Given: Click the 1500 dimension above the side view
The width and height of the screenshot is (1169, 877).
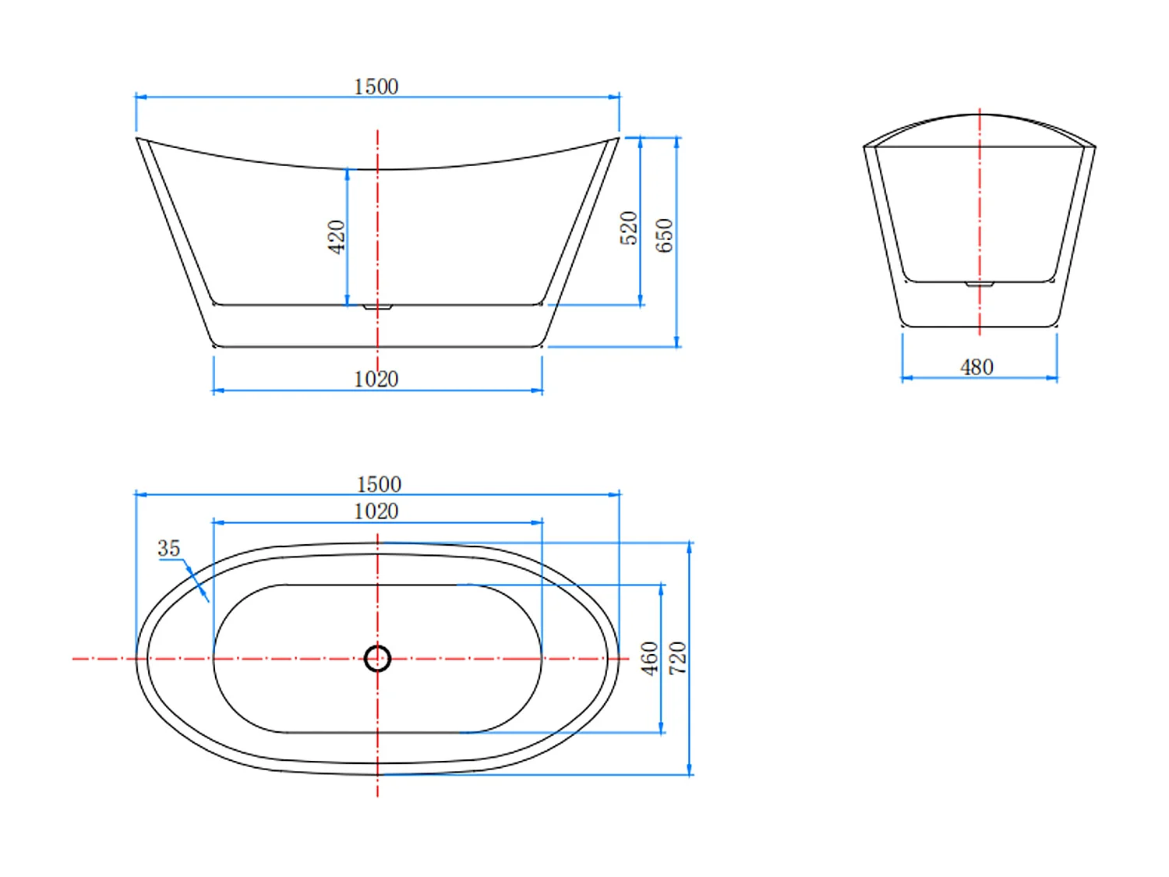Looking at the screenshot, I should tap(376, 87).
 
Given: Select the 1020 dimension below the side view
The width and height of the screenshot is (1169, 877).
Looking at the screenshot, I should tap(376, 379).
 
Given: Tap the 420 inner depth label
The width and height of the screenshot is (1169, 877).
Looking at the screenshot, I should tap(336, 236).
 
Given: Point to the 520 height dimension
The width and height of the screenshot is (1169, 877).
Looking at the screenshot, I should tap(629, 228).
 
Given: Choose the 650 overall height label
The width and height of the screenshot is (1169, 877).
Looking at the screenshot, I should tap(664, 235).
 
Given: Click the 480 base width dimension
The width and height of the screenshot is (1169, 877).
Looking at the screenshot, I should tap(977, 367).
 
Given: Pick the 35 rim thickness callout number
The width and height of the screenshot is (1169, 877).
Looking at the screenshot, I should tap(168, 549).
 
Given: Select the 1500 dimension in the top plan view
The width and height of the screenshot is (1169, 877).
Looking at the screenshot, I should tap(379, 484).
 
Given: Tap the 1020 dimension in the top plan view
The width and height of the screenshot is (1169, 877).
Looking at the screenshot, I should tap(376, 511).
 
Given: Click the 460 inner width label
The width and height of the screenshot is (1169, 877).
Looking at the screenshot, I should tap(649, 658).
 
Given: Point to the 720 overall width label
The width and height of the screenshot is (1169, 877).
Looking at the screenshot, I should tap(677, 658).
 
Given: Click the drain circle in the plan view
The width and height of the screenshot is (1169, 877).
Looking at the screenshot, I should tap(377, 659).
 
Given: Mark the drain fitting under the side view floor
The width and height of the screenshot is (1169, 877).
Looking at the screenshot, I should tap(377, 307).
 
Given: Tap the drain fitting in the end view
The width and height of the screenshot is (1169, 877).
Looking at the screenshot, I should tap(980, 284).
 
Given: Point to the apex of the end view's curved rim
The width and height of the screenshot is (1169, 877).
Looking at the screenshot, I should tap(980, 115).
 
